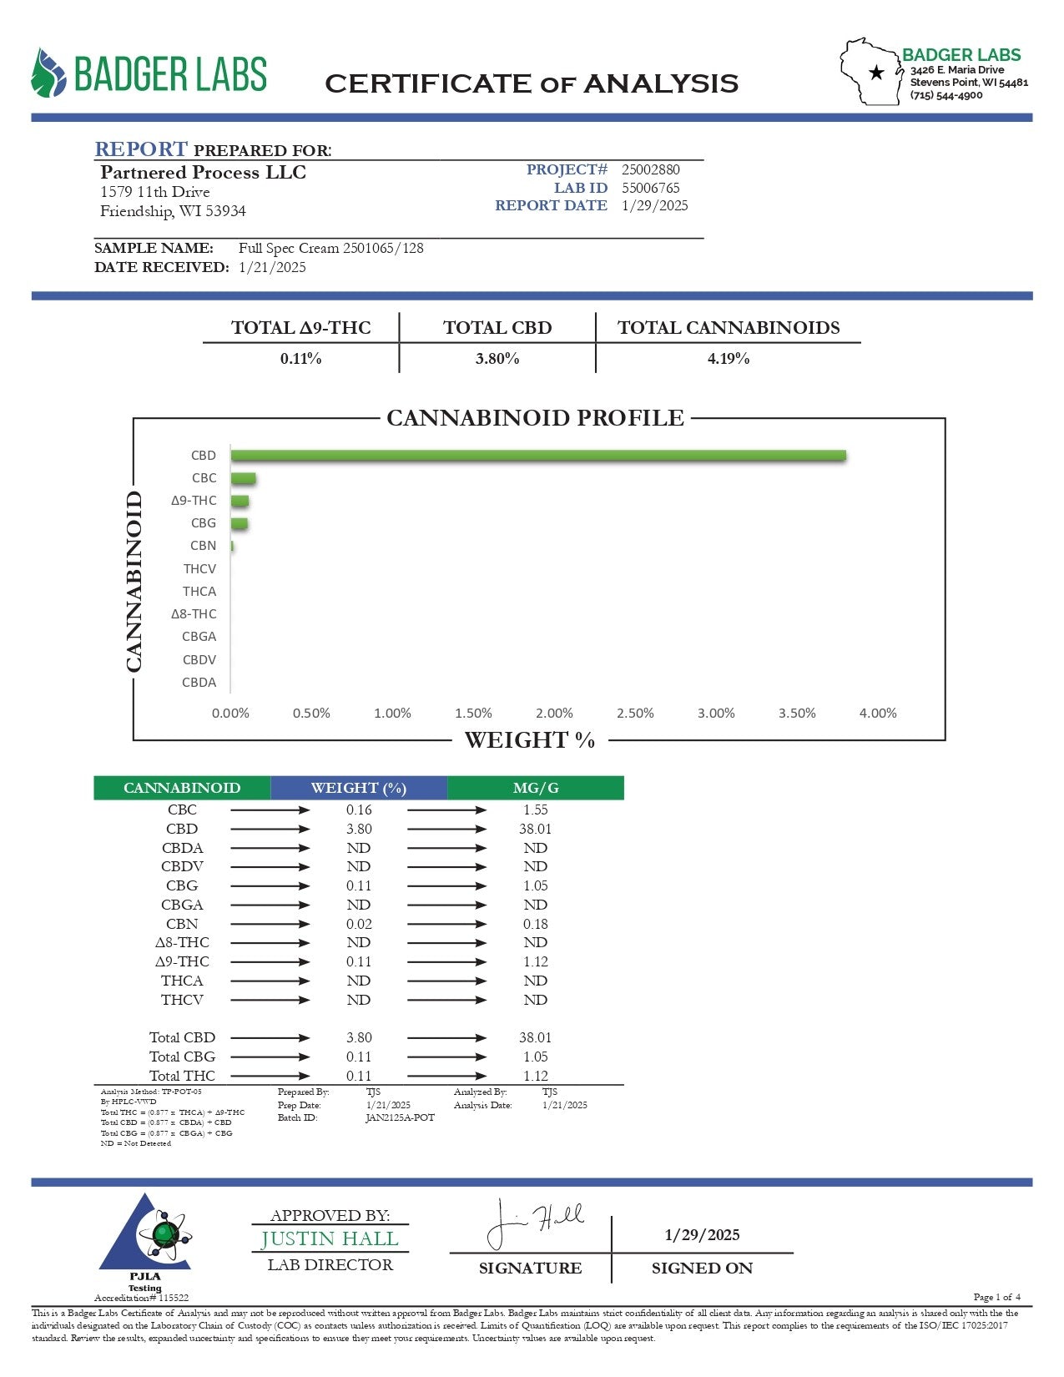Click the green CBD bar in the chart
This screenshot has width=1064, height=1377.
(538, 456)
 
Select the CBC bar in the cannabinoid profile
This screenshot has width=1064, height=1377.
(244, 478)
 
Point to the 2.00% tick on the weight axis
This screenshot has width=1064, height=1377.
(554, 714)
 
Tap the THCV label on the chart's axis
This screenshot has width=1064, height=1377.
(199, 569)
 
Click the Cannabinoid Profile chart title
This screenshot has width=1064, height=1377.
(535, 418)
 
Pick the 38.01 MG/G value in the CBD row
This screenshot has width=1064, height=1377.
(535, 829)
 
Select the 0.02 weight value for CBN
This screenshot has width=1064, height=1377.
(359, 924)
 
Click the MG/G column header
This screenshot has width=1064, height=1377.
(535, 788)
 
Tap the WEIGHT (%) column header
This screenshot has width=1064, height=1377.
(359, 788)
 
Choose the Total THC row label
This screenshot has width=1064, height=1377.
(182, 1076)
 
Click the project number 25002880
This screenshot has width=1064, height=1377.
(651, 169)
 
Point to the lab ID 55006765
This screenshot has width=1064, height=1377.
(651, 188)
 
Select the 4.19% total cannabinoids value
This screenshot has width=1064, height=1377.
(729, 359)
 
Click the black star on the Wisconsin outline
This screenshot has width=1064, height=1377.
(876, 73)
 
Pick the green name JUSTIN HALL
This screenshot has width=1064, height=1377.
(330, 1239)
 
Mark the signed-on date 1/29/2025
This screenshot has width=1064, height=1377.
(702, 1235)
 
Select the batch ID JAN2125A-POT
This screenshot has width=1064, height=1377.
(400, 1118)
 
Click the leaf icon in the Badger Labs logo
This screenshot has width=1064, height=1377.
(48, 73)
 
